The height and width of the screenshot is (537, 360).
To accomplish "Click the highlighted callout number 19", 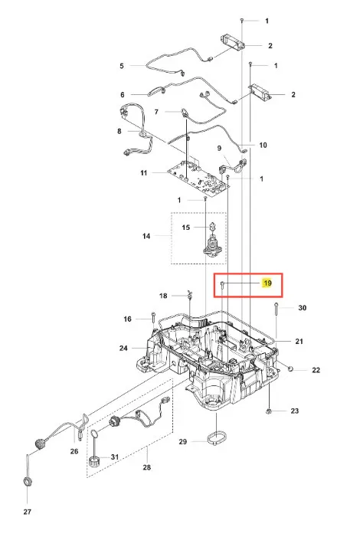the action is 267,283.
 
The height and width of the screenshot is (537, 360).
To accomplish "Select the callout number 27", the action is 28,512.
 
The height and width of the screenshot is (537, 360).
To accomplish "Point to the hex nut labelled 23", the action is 269,411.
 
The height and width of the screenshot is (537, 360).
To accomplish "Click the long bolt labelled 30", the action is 276,314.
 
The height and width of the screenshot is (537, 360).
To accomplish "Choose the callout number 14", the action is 146,236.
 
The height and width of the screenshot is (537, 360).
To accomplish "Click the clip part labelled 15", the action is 212,226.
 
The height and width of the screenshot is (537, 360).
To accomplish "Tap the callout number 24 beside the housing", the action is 123,349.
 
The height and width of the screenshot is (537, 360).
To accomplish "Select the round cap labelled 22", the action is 290,368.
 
